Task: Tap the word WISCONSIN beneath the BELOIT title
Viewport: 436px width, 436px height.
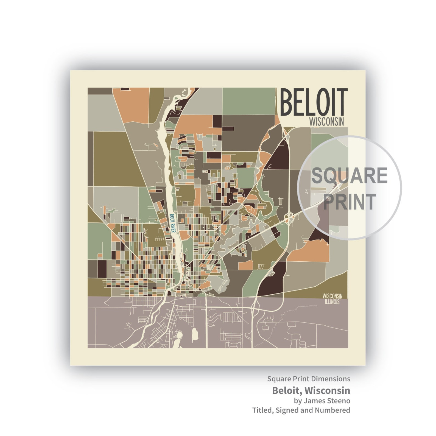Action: click(x=326, y=122)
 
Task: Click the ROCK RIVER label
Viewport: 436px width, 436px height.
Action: click(x=172, y=223)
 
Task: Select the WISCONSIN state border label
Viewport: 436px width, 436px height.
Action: click(x=332, y=296)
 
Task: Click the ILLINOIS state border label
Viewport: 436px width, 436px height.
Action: click(x=332, y=302)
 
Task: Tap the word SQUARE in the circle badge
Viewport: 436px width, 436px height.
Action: click(x=349, y=175)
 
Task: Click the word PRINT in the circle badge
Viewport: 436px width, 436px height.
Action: click(x=349, y=202)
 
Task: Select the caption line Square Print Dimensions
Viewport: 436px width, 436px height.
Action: click(x=309, y=379)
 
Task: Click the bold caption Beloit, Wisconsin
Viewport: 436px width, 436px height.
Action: click(x=311, y=390)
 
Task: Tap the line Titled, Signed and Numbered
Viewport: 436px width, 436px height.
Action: click(x=301, y=410)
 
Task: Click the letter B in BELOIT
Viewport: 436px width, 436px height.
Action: click(x=287, y=102)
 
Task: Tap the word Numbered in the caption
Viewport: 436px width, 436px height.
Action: click(x=332, y=410)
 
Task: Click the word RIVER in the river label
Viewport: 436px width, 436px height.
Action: click(x=173, y=228)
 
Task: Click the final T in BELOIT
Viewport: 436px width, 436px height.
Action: click(x=342, y=102)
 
